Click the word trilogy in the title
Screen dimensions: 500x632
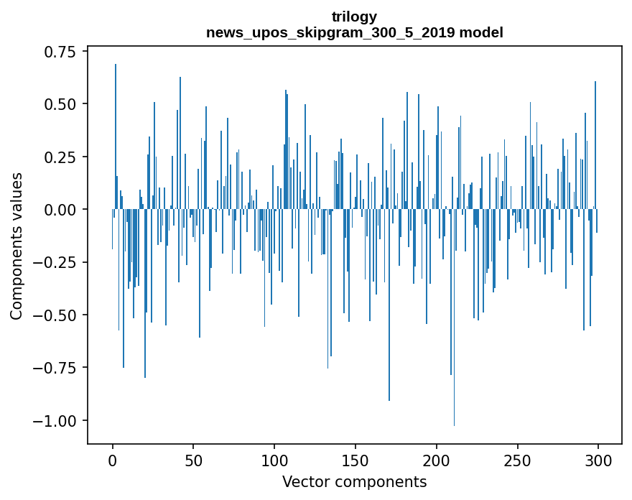[x=354, y=17]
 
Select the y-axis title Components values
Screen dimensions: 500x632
[x=17, y=246]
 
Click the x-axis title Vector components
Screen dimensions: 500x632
[x=354, y=482]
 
